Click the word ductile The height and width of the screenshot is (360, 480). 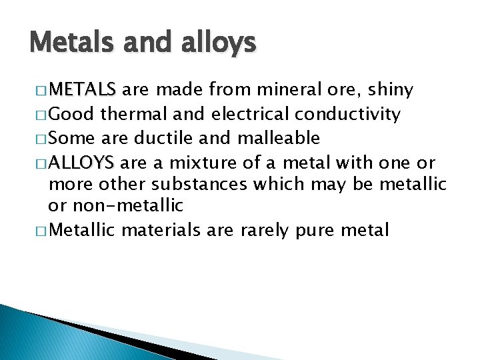[x=163, y=138]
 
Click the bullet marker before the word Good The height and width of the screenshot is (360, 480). [x=39, y=115]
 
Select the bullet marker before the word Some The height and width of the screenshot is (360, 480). [x=39, y=139]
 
